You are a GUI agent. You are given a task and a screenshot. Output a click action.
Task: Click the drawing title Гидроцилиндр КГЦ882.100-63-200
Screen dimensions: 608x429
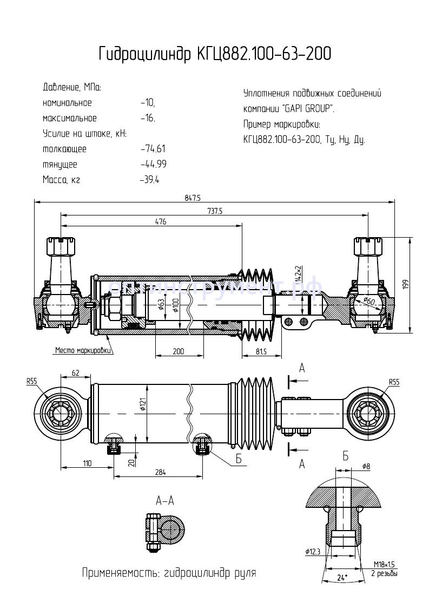[x=215, y=54]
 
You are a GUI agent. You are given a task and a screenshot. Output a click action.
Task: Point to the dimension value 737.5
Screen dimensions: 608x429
[x=215, y=211]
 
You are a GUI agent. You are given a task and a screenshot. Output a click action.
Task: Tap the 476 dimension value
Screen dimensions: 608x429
[x=160, y=222]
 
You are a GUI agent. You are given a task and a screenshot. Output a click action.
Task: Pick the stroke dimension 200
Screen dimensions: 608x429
[x=178, y=351]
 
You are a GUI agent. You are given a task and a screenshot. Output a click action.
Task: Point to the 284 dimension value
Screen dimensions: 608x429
[x=160, y=473]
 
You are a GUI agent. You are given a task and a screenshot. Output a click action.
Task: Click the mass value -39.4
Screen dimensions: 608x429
[x=149, y=180]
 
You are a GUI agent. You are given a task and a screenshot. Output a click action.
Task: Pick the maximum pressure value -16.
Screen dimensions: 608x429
[x=147, y=118]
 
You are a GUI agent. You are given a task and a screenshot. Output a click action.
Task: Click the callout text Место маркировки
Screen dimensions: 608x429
[x=83, y=350]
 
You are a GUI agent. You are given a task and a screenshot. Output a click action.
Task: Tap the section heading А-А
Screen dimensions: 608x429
[x=164, y=500]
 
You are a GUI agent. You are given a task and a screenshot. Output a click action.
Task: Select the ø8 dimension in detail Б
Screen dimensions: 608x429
[x=366, y=467]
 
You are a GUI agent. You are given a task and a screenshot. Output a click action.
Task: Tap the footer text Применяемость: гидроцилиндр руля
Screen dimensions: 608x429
[x=168, y=573]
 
